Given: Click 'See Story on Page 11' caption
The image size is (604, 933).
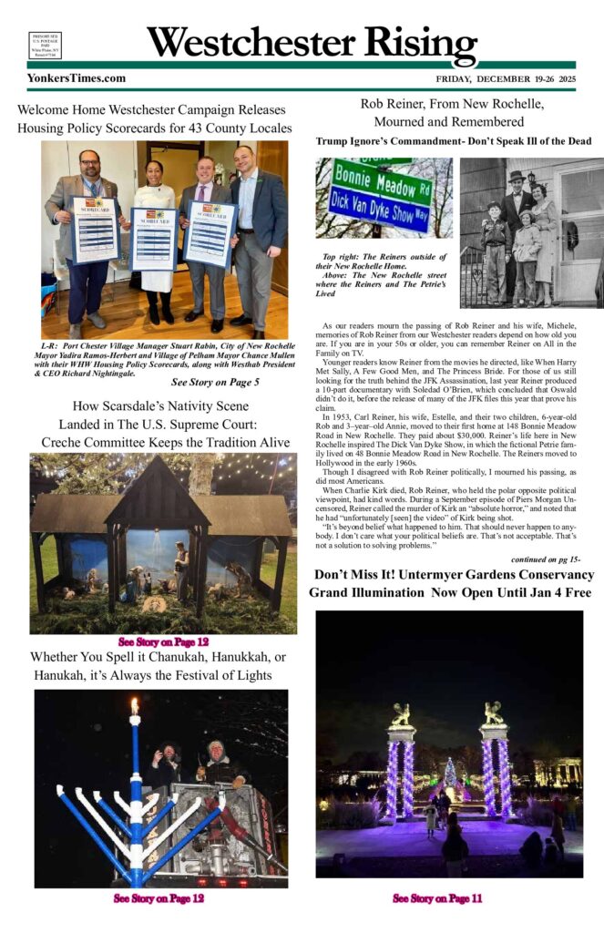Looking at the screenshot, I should [x=437, y=898].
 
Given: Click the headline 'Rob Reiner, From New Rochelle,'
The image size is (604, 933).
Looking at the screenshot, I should [x=452, y=103].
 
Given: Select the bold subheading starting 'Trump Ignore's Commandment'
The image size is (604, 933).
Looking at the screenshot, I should [x=453, y=141].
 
